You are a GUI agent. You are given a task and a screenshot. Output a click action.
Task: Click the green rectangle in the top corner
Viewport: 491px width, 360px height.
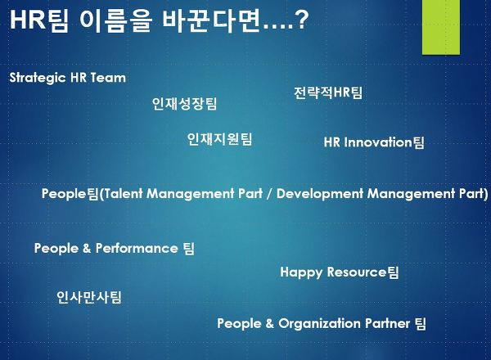(441, 27)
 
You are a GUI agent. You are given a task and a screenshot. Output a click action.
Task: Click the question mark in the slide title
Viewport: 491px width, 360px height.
(302, 20)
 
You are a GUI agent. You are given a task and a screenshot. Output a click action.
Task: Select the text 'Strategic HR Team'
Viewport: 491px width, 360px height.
(68, 78)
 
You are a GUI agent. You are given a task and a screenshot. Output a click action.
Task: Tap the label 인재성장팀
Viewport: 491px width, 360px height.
(184, 104)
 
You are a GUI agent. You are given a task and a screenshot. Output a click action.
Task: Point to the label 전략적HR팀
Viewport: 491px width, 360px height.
(328, 92)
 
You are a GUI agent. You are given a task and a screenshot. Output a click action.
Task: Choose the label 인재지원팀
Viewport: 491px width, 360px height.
(219, 139)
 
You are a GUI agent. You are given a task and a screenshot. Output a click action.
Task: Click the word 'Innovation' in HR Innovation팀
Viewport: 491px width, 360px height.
(378, 142)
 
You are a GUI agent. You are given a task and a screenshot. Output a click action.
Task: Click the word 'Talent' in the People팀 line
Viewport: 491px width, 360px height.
(124, 193)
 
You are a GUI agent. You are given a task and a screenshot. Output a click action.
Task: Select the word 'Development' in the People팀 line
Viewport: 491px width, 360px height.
(320, 194)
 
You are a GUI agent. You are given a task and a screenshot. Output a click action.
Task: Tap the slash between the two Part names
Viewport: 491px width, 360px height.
(269, 194)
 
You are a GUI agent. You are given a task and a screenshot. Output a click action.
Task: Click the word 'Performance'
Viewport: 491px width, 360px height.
(137, 248)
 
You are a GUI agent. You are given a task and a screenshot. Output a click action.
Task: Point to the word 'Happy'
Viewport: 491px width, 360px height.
(301, 272)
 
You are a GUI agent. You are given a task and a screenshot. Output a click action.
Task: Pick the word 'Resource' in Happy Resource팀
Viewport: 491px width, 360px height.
(357, 272)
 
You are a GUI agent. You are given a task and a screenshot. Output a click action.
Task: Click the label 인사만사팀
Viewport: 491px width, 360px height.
(89, 297)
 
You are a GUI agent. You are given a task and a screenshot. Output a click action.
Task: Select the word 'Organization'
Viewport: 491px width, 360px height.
(320, 324)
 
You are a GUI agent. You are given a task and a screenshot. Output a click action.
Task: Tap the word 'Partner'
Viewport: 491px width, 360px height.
(387, 323)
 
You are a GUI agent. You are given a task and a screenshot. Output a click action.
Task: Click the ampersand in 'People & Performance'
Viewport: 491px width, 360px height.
(87, 248)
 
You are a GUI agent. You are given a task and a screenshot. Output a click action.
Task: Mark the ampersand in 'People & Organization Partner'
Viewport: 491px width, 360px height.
(269, 323)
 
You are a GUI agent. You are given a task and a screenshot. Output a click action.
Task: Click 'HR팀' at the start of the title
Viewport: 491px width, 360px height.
(39, 20)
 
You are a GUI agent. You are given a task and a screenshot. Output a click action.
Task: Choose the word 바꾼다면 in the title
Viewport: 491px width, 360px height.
(212, 20)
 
